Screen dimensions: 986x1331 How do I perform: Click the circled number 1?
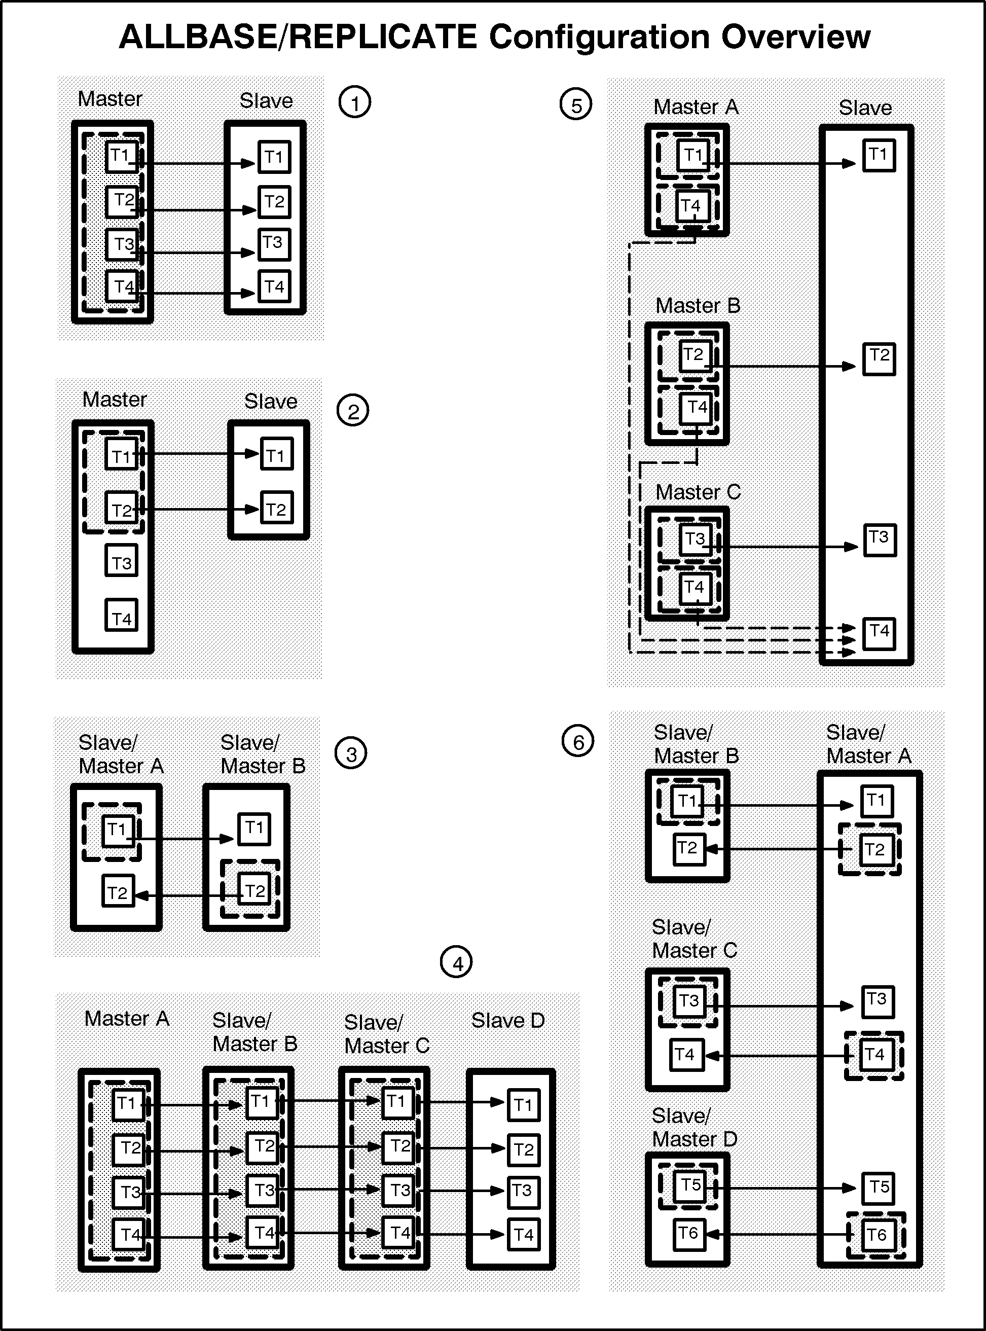pos(354,102)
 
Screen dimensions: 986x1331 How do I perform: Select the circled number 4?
pos(456,962)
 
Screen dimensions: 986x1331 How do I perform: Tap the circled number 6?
pos(578,741)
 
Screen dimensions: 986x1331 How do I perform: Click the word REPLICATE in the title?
pos(383,37)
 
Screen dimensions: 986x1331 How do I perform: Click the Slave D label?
pos(508,1020)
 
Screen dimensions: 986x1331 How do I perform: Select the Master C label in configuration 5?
pos(698,492)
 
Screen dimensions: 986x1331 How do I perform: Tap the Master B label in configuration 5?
pos(698,306)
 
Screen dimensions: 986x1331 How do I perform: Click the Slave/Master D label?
pos(694,1127)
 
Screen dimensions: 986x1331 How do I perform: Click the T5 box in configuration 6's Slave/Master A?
pos(878,1188)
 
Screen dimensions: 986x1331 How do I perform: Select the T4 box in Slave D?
pos(524,1234)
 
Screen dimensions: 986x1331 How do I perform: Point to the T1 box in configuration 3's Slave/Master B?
pos(254,829)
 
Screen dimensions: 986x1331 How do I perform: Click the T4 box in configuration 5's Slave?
pos(879,633)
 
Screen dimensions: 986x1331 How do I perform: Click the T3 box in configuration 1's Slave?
pos(273,244)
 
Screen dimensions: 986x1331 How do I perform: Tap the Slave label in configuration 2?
pos(270,401)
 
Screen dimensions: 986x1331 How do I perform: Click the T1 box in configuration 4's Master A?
pos(128,1104)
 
